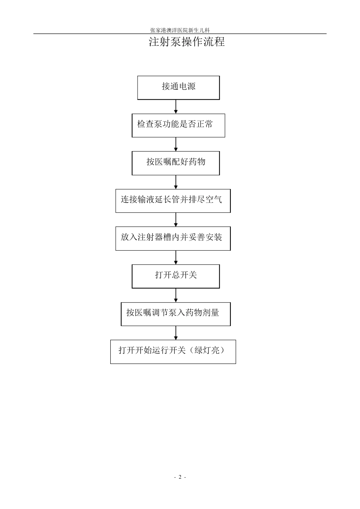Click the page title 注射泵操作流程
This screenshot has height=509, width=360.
coord(186,42)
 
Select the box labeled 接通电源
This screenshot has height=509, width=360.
coord(178,88)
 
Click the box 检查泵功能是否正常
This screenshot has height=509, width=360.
coord(178,125)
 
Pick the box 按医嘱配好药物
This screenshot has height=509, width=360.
coord(176,163)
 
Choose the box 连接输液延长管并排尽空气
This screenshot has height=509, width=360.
coord(173,201)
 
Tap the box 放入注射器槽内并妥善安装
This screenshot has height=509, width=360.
coord(173,239)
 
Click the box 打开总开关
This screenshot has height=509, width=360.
coord(176,276)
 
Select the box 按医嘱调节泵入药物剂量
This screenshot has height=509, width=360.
coord(176,314)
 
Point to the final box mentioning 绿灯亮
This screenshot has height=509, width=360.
coord(173,352)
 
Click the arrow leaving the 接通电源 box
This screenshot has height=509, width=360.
coord(176,106)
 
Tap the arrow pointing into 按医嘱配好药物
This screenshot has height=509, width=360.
coord(176,144)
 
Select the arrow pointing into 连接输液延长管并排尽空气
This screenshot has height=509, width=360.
coord(176,182)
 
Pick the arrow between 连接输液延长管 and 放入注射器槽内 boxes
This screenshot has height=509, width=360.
coord(176,220)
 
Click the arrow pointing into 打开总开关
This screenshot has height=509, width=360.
coord(176,258)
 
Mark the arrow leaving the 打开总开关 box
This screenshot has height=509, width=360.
coord(176,295)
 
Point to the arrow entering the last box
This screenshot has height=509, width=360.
coord(176,333)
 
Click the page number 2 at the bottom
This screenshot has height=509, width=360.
coord(180,477)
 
